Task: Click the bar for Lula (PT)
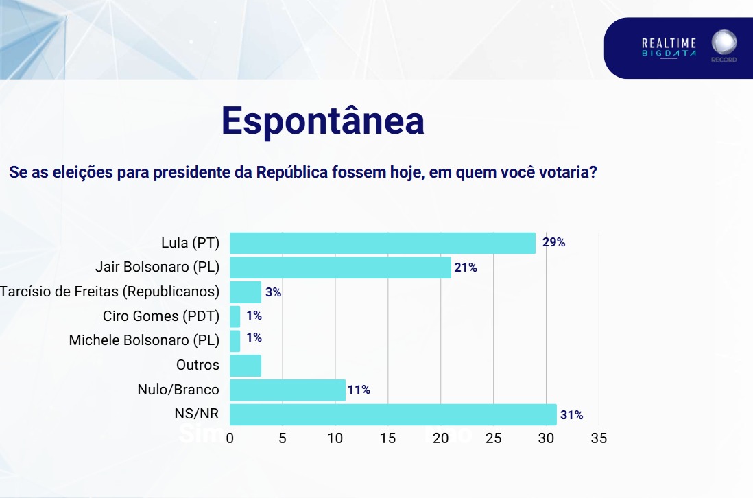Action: [383, 243]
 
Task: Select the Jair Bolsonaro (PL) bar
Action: [340, 268]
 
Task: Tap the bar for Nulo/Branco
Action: [287, 390]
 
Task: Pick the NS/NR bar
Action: [393, 414]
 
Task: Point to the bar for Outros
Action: [246, 366]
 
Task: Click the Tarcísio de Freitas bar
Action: [246, 292]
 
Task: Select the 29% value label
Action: [553, 242]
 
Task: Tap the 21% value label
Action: [465, 268]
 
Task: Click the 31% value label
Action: [571, 415]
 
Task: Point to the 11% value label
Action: [359, 390]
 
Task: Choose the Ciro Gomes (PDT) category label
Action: [160, 316]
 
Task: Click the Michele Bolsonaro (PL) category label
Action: [144, 340]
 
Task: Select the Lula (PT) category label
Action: [190, 243]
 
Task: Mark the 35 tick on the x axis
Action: [599, 438]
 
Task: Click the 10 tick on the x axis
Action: [335, 438]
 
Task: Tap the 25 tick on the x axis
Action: [494, 438]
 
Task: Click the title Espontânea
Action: [322, 121]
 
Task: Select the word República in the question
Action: [291, 172]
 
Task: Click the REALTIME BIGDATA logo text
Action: [669, 48]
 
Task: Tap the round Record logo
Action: [724, 43]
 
